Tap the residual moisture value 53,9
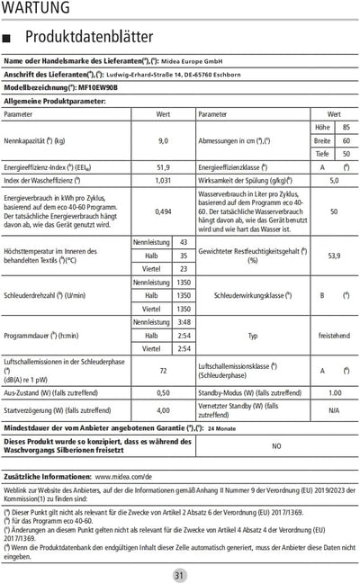pos(334,256)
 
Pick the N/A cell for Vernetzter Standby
pos(334,410)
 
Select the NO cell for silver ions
pos(276,445)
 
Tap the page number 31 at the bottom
pos(180,575)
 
